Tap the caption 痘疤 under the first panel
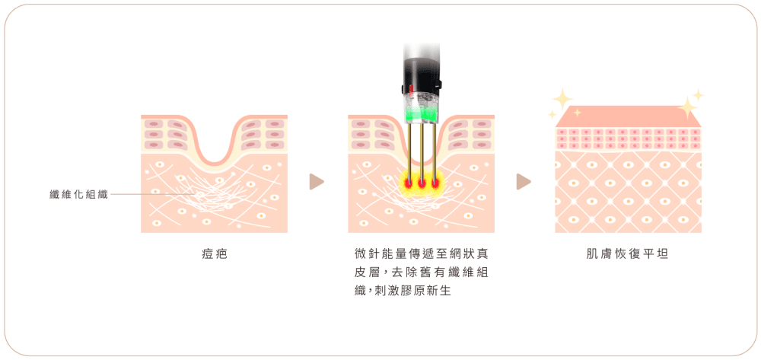coord(214,254)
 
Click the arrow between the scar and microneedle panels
coord(316,182)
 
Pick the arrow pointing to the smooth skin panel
coord(524,182)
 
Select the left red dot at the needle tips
coord(408,183)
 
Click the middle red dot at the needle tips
coord(422,183)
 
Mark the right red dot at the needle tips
coord(435,183)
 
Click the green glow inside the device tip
coord(422,116)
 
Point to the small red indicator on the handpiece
coord(412,89)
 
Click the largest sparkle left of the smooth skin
coord(562,99)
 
